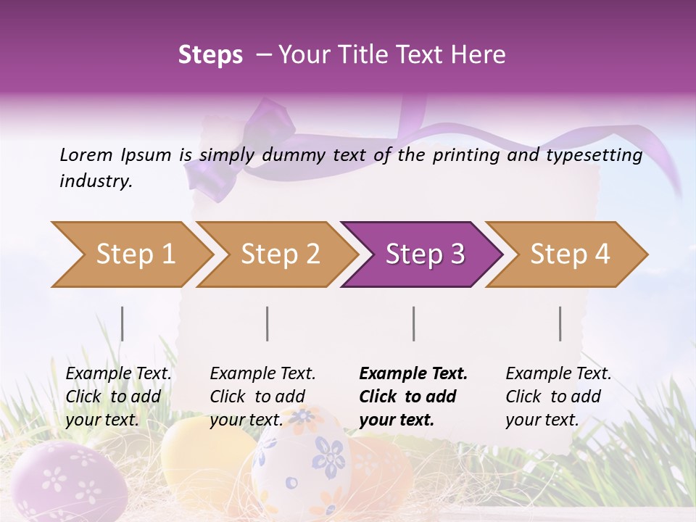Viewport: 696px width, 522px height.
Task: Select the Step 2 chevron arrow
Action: [279, 254]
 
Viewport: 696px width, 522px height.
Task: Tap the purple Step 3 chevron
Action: [424, 254]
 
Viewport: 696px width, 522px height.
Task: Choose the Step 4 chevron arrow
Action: [569, 254]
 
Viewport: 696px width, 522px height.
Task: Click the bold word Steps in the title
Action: [210, 55]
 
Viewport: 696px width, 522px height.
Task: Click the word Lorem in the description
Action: [86, 154]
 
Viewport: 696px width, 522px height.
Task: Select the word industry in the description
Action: [95, 181]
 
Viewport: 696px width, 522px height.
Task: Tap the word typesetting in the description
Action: [601, 155]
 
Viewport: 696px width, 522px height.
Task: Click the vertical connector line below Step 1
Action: [123, 323]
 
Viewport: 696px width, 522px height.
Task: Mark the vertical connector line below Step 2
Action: [268, 323]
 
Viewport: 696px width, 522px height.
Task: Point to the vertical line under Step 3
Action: [414, 323]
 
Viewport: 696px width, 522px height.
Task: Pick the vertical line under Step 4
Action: [560, 323]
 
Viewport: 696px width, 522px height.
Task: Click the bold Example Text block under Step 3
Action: [413, 397]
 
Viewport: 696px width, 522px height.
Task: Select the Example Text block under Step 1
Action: [118, 397]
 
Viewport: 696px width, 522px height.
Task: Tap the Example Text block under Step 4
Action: [558, 397]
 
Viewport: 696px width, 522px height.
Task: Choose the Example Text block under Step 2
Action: [262, 397]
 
